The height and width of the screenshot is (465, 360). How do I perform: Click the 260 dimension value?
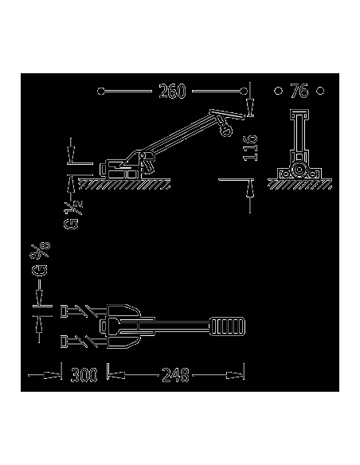click(172, 92)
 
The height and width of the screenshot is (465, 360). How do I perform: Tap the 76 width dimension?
click(299, 92)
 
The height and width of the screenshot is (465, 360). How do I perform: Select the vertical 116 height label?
click(250, 147)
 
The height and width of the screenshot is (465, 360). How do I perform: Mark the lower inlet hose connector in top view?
click(77, 342)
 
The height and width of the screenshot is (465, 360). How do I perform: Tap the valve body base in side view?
click(119, 170)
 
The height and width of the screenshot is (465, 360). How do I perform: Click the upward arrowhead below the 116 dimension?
click(250, 188)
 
